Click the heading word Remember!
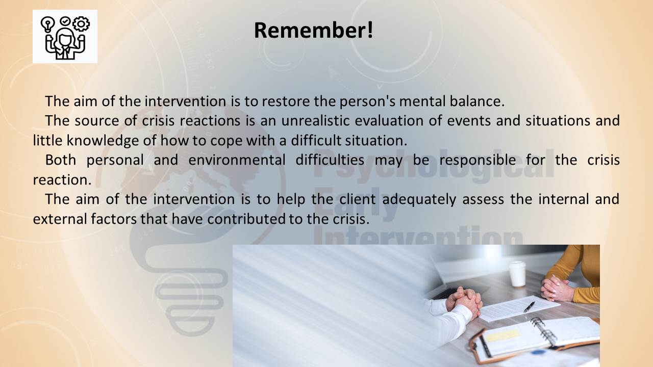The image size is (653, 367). (313, 30)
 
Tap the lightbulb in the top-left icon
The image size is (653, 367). (48, 24)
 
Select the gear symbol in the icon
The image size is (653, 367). (81, 23)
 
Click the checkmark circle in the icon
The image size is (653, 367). (65, 21)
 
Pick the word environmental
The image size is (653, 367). (237, 160)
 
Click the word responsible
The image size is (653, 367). (478, 161)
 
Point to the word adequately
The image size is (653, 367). (419, 199)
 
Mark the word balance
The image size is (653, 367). (477, 101)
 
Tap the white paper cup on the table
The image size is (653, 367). (517, 274)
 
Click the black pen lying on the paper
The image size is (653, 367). (529, 307)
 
